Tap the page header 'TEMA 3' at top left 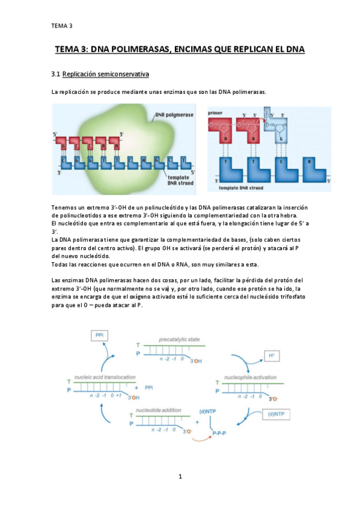pyautogui.click(x=61, y=25)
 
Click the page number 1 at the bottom pyautogui.click(x=180, y=477)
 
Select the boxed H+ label pyautogui.click(x=272, y=356)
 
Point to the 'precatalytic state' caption pyautogui.click(x=179, y=340)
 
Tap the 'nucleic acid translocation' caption pyautogui.click(x=105, y=377)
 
